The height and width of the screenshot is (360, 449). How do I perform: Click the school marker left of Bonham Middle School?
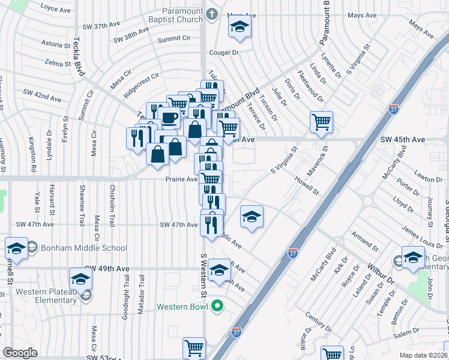tap(17, 248)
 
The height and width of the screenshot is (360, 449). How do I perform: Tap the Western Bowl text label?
tap(182, 307)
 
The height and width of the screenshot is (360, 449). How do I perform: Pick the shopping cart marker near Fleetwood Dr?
tap(322, 122)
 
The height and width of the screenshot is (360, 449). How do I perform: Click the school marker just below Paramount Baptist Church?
tap(239, 28)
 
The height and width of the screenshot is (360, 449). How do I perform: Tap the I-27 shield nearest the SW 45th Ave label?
tap(394, 110)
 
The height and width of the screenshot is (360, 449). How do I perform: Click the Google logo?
tap(20, 353)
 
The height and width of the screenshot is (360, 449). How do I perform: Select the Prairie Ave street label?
tap(182, 179)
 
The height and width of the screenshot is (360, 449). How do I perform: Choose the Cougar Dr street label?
tap(224, 52)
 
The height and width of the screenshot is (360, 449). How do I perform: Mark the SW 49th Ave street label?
tap(107, 268)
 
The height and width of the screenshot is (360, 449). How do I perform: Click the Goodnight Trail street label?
tap(125, 309)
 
